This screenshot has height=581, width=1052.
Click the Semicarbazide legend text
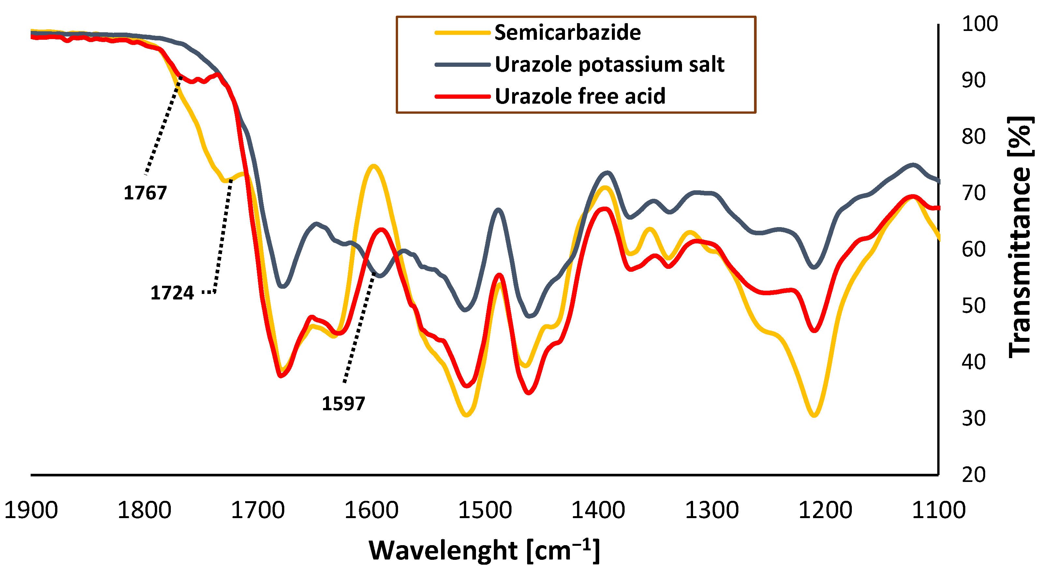coord(567,32)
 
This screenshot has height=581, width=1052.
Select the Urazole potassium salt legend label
coord(609,65)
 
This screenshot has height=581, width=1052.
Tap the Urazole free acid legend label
coord(580,96)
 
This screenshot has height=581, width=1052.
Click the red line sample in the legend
coord(462,97)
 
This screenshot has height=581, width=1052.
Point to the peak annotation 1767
coord(145,193)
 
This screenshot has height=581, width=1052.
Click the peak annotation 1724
coord(172,293)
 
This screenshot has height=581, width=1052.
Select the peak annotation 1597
coord(343,404)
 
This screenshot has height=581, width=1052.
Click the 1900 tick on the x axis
coord(31,510)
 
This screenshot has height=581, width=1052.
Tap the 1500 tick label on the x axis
coord(485,510)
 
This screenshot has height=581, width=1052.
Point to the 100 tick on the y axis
coord(980,24)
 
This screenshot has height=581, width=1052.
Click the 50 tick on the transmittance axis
coord(973,306)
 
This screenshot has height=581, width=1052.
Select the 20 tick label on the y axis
coord(973,475)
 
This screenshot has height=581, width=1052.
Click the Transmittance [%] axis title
coord(1020,237)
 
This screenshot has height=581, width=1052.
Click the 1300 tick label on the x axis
coord(712,510)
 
